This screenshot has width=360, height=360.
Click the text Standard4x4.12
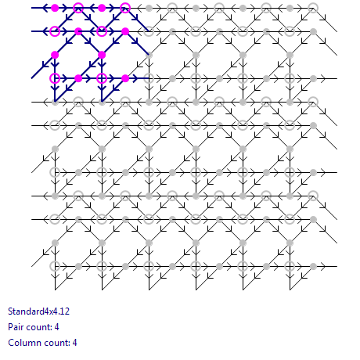coord(38,311)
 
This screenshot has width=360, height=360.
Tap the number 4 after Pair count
coord(57,327)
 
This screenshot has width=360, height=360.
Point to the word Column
coord(21,343)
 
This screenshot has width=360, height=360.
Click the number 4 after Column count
coord(75,343)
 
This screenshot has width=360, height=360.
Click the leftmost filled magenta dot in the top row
coord(55,8)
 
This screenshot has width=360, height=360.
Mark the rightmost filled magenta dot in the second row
coord(125,31)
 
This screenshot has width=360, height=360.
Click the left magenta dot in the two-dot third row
coord(55,55)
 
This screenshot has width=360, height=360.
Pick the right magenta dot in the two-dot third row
coord(102,55)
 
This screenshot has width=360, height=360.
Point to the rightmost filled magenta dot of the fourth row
coord(125,78)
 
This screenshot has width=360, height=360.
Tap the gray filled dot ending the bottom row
coord(313,266)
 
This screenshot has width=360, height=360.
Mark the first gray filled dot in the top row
coord(149,8)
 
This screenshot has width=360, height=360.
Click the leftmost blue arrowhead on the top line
coord(45,8)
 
